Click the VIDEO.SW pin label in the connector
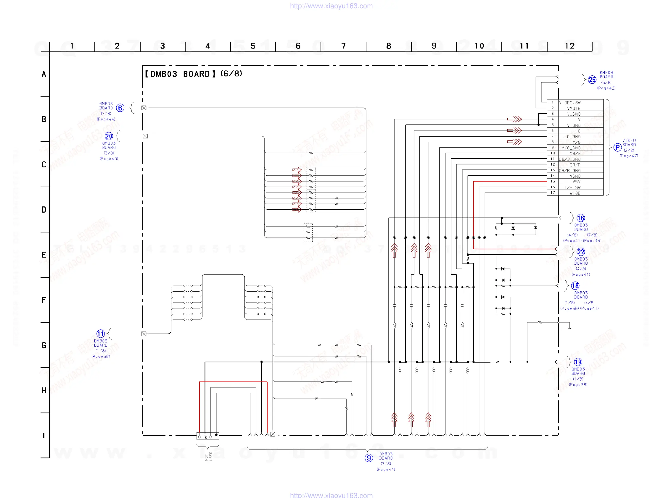(x=569, y=103)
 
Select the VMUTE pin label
(x=573, y=109)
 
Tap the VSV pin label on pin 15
(x=576, y=182)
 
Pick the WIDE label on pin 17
(x=575, y=193)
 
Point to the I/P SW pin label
(x=572, y=187)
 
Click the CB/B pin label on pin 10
(x=575, y=153)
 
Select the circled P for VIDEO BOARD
(x=617, y=147)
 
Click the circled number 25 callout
(x=592, y=80)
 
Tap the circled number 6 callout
(x=120, y=108)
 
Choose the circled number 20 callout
(x=109, y=136)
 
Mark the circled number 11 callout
(x=100, y=334)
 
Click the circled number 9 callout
(x=369, y=458)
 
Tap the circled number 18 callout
(x=575, y=286)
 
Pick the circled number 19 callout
(x=578, y=362)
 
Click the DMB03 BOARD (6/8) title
(x=194, y=74)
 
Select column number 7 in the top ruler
(x=344, y=46)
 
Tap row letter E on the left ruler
(x=44, y=255)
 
